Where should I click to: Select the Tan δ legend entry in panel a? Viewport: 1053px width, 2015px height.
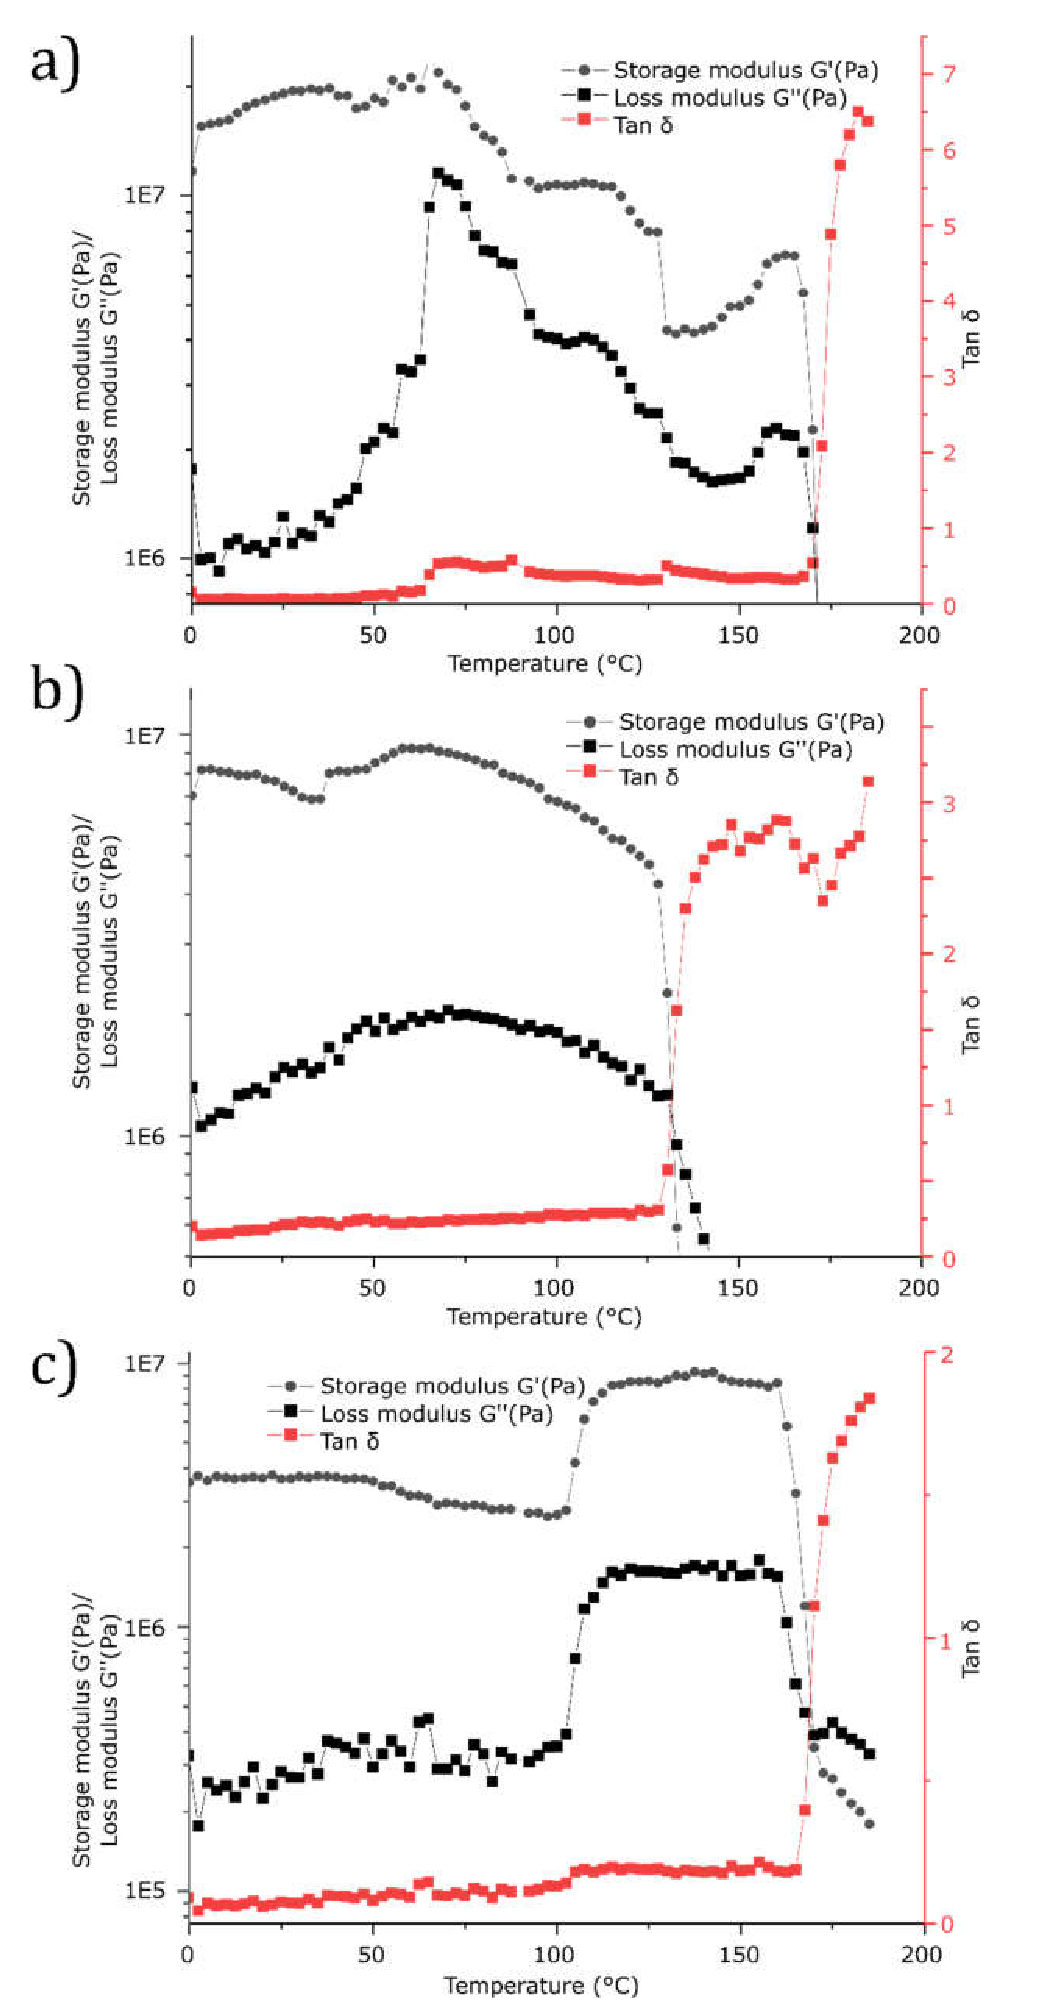(642, 125)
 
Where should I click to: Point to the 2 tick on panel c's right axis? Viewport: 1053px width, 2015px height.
(947, 1355)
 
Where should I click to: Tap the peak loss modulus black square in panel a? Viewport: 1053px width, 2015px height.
(439, 173)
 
